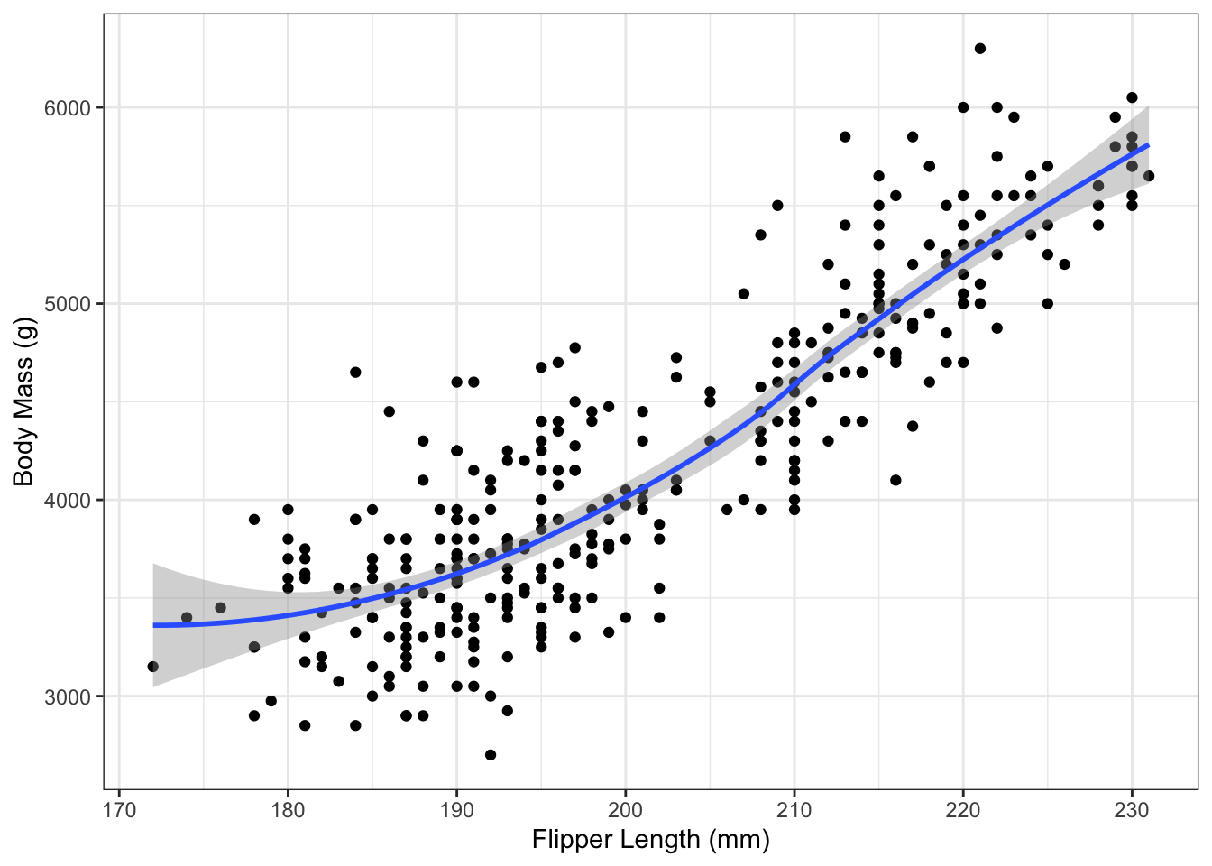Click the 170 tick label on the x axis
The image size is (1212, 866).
click(x=119, y=810)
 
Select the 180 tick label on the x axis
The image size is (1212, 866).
click(x=288, y=810)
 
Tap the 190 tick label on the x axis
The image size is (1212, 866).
click(x=456, y=810)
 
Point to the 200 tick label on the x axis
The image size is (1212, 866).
click(x=625, y=810)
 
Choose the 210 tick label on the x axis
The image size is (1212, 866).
click(x=794, y=810)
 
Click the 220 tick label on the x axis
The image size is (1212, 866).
click(x=963, y=810)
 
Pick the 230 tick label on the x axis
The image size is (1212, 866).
click(x=1132, y=810)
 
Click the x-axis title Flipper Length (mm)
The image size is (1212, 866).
click(x=650, y=841)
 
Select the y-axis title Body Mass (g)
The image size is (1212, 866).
click(x=23, y=401)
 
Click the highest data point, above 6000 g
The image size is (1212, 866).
click(x=980, y=49)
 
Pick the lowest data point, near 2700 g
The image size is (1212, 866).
click(x=491, y=755)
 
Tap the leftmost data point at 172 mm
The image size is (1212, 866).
click(x=152, y=667)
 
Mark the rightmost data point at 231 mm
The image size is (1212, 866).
click(x=1149, y=176)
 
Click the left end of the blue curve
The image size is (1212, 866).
click(x=153, y=625)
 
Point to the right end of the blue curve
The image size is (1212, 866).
click(x=1149, y=144)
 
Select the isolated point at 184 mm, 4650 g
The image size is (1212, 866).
click(x=355, y=372)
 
